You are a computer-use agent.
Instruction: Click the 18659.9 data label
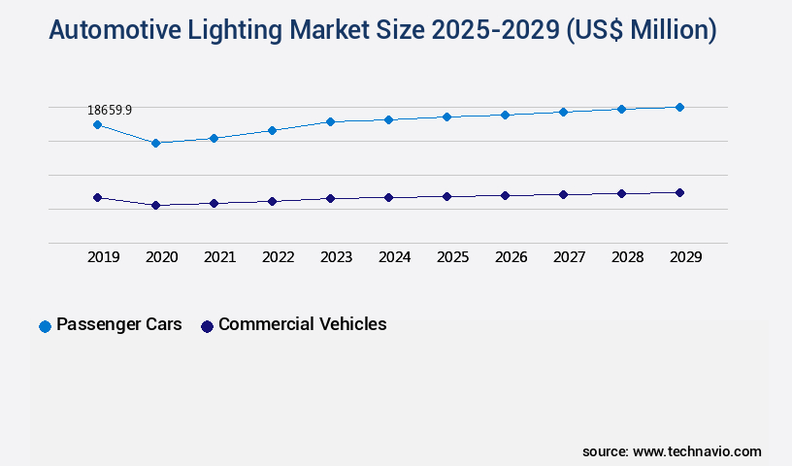click(110, 111)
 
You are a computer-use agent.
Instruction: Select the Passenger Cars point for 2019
click(97, 124)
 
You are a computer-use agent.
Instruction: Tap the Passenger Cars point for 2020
click(155, 143)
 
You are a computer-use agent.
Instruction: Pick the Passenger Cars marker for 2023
click(330, 121)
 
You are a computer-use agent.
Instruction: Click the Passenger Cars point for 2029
click(679, 107)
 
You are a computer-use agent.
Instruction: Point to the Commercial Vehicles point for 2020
click(155, 205)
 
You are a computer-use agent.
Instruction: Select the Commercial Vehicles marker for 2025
click(446, 196)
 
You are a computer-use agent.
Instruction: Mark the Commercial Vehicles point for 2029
click(679, 192)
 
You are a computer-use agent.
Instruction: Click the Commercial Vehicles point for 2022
click(272, 201)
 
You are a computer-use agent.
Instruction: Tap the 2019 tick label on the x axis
click(104, 257)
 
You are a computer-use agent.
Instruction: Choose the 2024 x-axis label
click(395, 257)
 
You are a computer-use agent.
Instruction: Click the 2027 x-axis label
click(570, 257)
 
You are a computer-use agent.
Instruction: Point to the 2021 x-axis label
click(220, 257)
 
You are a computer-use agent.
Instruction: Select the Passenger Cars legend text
click(119, 324)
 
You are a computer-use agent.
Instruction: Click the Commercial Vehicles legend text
click(302, 324)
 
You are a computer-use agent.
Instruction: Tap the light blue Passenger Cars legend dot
click(45, 326)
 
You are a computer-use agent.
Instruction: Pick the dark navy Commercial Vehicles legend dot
click(207, 326)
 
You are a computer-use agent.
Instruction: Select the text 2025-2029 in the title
click(511, 31)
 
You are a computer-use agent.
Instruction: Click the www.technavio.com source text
click(697, 451)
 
